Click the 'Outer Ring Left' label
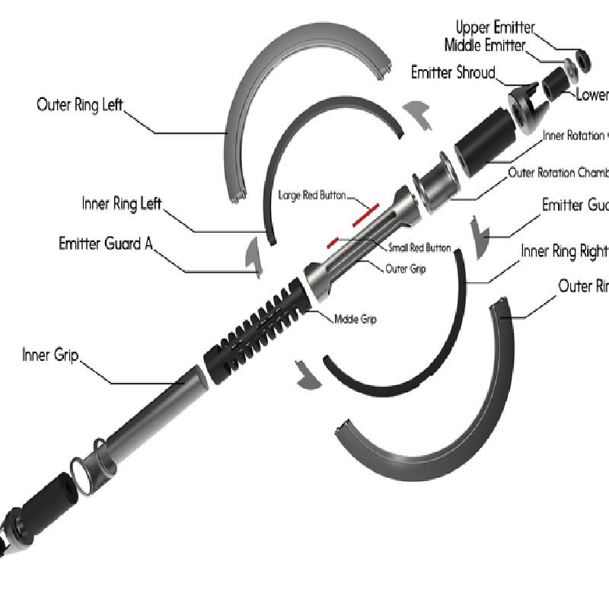point(79,104)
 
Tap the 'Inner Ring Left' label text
point(122,204)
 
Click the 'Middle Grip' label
point(356,319)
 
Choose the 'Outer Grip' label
point(406,269)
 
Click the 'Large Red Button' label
point(311,196)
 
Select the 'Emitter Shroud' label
point(453,73)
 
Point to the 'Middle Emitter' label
point(485,46)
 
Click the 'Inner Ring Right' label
point(564,251)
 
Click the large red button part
point(365,215)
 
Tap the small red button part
point(332,242)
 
